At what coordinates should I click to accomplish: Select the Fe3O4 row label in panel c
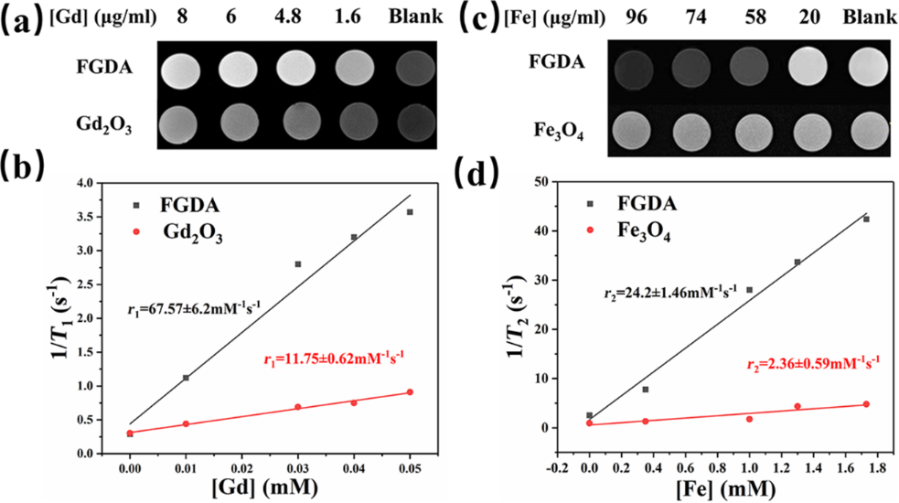pos(557,128)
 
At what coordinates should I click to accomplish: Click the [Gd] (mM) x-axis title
pos(269,487)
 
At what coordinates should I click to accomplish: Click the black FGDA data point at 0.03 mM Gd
pos(297,263)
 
